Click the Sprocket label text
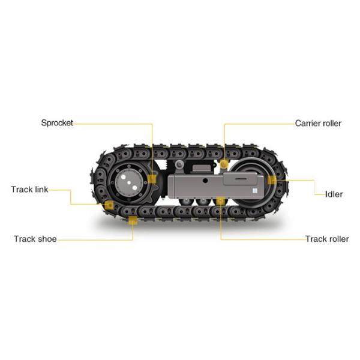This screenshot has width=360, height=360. (57, 123)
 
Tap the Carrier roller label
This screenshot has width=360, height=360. (318, 123)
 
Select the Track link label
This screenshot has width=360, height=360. (29, 190)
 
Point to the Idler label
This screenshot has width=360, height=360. (334, 194)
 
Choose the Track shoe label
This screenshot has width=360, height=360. (35, 239)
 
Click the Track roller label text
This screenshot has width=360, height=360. (326, 239)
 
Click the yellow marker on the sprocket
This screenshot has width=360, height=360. (152, 179)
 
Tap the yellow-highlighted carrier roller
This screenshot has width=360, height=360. (224, 163)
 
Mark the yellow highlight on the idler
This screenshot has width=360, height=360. (271, 179)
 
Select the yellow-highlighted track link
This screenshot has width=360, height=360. (109, 206)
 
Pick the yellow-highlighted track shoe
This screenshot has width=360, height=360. (133, 221)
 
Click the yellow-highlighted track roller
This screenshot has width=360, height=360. (221, 200)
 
